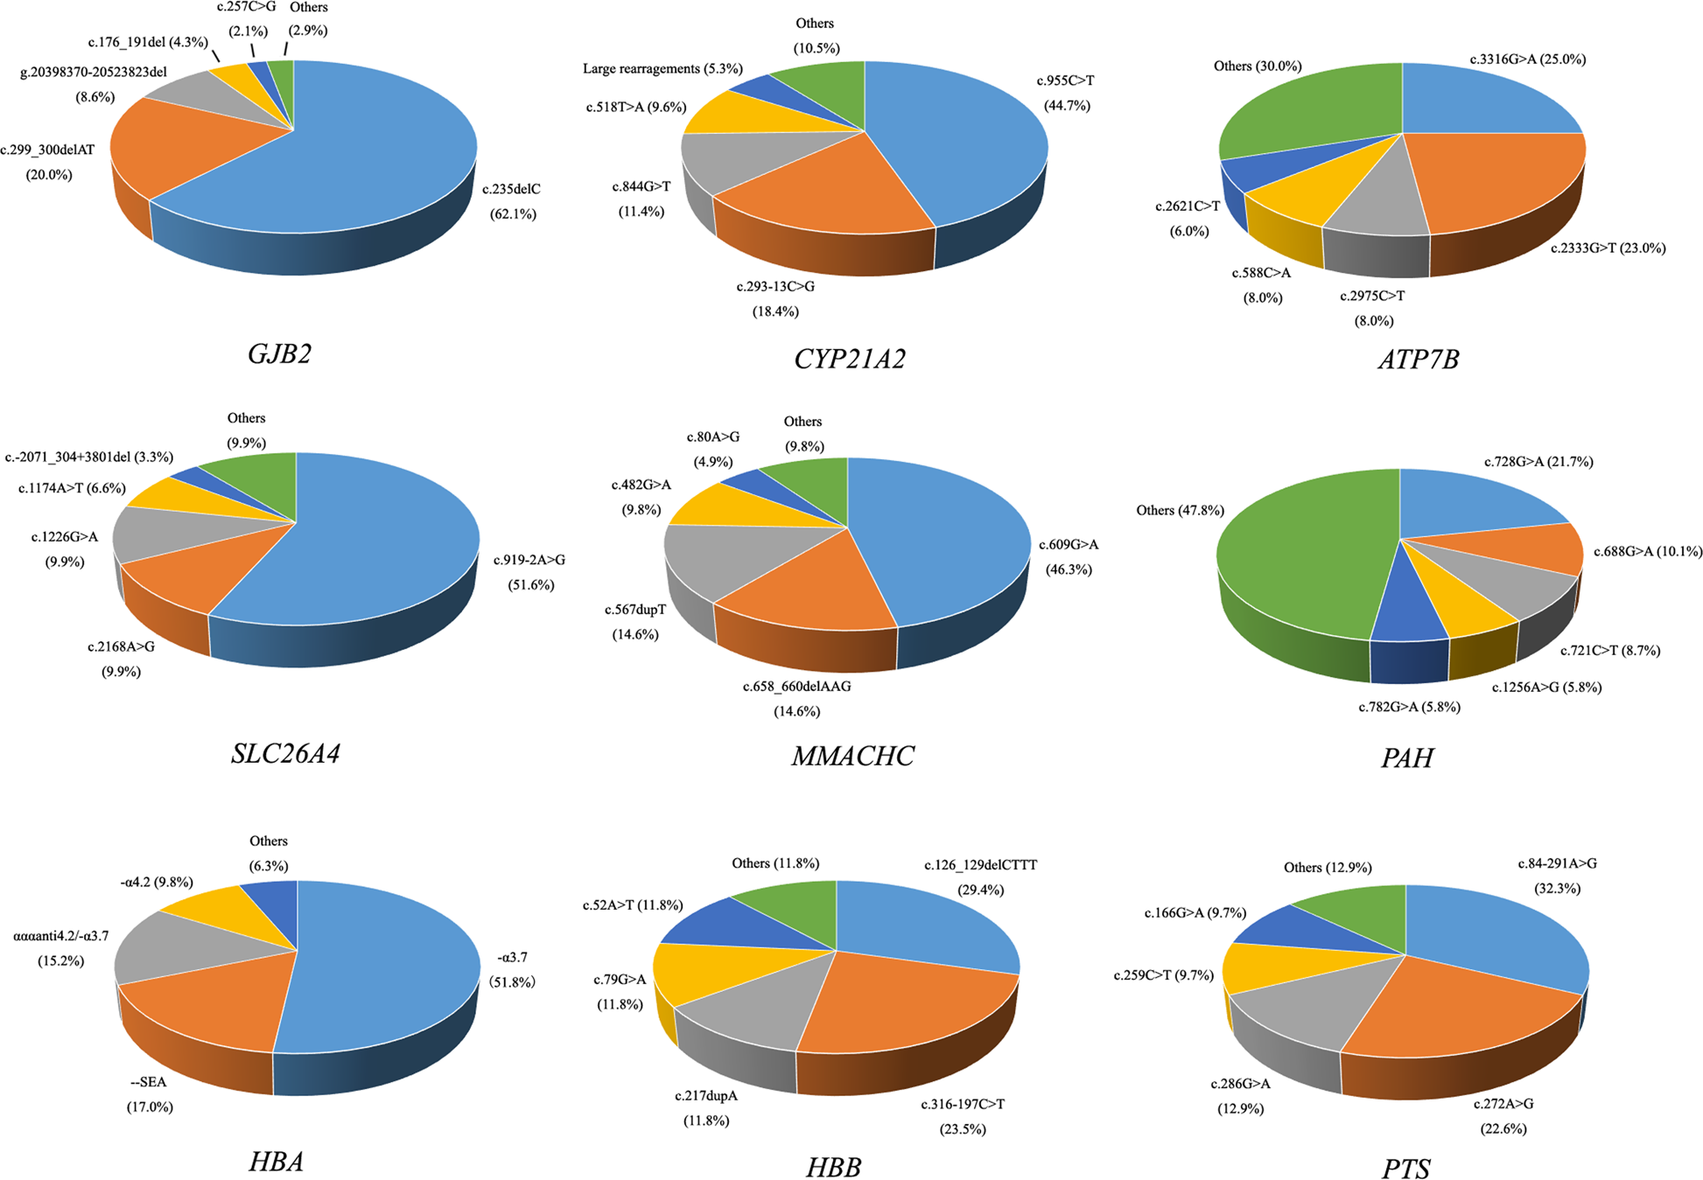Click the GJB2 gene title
280,353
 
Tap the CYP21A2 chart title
850,359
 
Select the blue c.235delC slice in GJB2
368,157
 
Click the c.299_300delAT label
48,150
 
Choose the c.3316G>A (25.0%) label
1528,59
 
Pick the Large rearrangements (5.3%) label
662,68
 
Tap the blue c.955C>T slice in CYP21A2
963,149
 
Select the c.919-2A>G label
529,560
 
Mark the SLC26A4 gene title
285,753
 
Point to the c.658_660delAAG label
796,687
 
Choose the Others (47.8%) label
1180,510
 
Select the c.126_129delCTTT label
980,865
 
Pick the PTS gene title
1406,1169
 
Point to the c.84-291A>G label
1557,863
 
